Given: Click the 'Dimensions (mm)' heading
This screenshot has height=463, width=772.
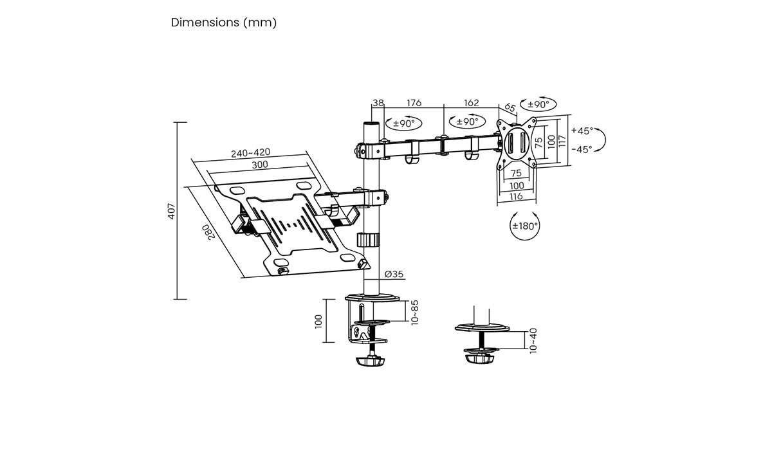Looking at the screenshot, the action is point(224,23).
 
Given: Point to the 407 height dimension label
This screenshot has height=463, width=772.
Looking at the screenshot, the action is point(172,212).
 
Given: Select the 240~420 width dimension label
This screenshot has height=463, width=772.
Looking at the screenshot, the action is point(250,152).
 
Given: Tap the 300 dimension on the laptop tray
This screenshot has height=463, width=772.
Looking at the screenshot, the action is point(259,165).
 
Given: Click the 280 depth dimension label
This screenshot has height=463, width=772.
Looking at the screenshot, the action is point(208,232).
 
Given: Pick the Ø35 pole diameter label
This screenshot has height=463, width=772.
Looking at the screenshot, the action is point(394,274).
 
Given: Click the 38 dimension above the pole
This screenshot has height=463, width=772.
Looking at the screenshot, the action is point(378,103).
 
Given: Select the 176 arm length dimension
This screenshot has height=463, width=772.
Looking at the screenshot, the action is point(414,103).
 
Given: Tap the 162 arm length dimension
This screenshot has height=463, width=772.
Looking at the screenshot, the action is point(471,103).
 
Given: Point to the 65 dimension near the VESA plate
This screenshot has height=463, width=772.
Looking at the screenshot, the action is point(510,107).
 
